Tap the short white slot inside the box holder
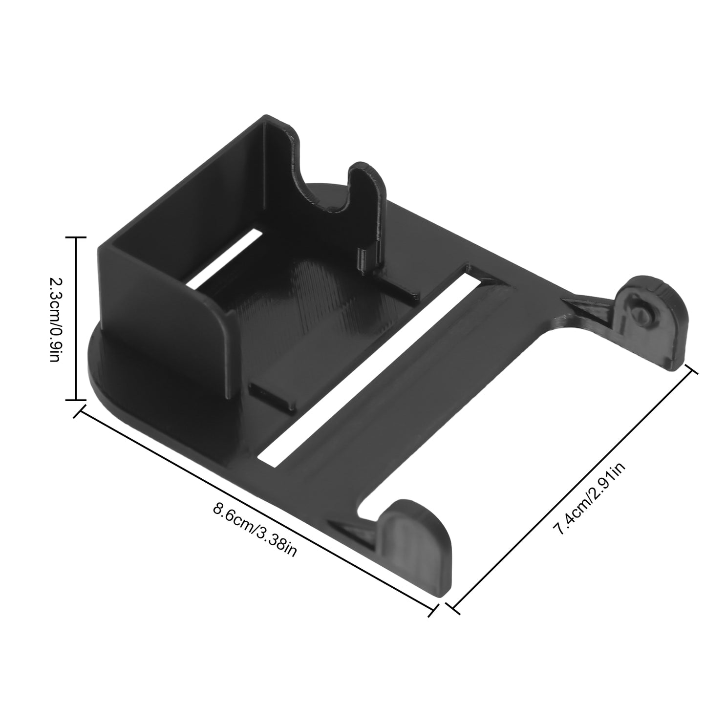222,257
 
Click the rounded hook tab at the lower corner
415,528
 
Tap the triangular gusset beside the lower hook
354,530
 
